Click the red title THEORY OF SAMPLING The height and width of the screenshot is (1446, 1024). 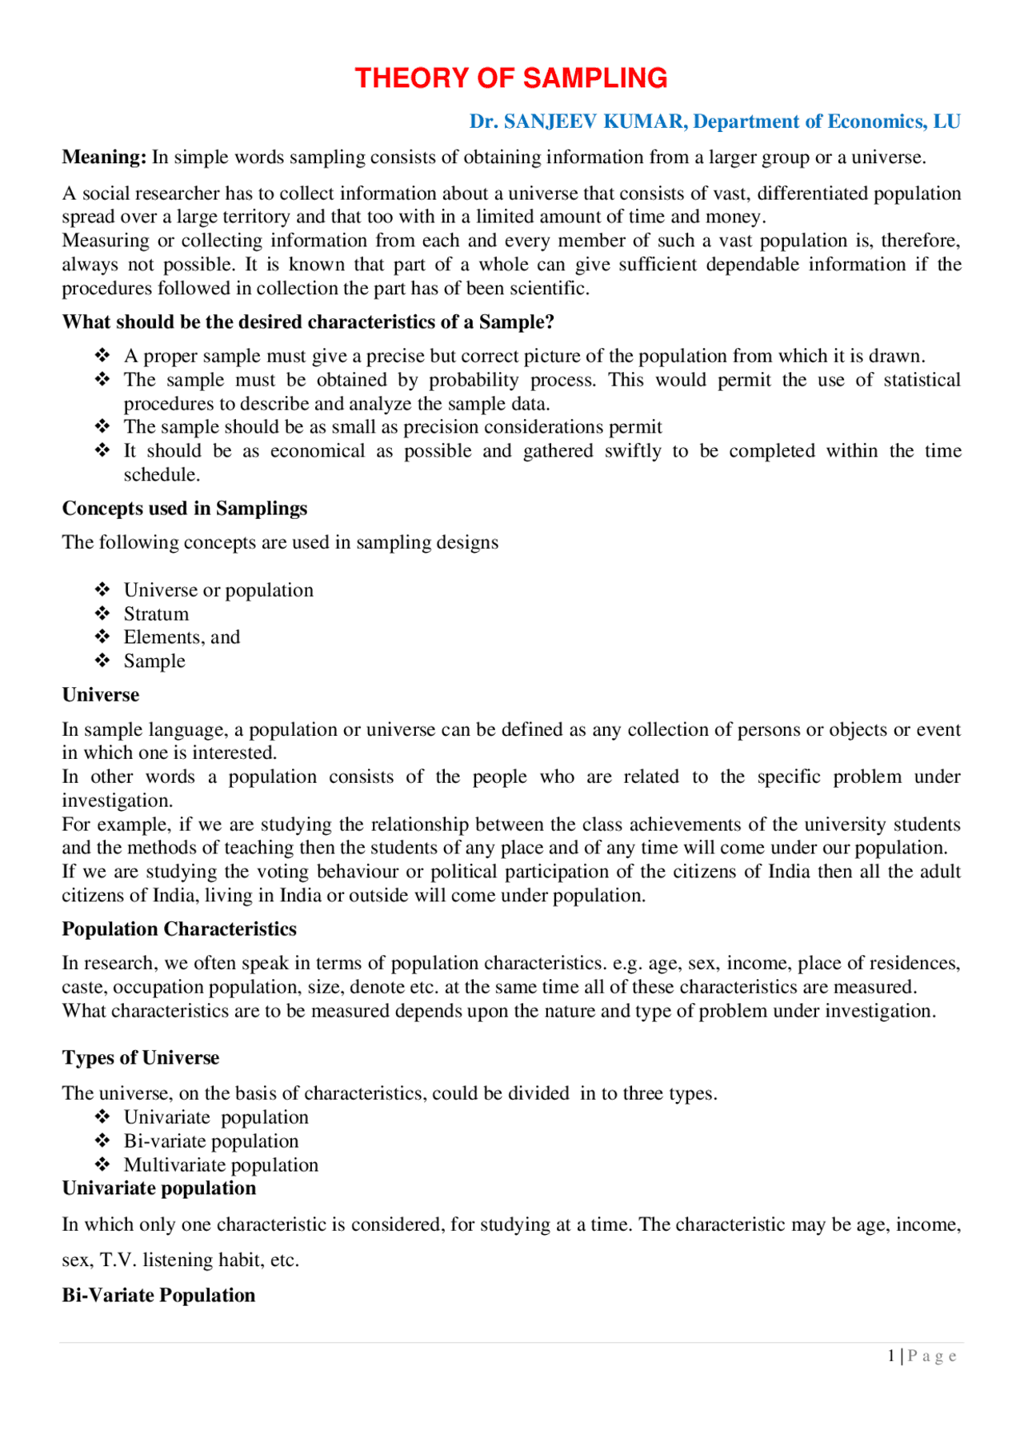pos(510,78)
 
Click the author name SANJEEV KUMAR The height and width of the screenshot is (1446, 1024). pos(594,122)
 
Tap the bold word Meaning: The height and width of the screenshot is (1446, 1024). pos(104,158)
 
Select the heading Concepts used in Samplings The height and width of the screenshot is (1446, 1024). pos(185,509)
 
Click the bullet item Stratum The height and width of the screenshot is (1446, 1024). pos(156,614)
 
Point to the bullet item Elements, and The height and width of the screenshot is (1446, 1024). pos(182,637)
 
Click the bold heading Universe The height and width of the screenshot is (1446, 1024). pos(101,695)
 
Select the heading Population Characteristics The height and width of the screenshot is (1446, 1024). pos(179,929)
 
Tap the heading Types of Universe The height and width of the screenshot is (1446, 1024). pos(141,1058)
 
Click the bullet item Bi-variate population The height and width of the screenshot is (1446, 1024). pos(211,1141)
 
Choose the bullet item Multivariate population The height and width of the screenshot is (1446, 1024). pos(221,1165)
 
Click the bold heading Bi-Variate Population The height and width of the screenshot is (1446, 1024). pos(158,1296)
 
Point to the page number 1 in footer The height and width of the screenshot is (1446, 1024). pos(891,1356)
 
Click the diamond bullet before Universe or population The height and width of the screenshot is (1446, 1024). pos(102,590)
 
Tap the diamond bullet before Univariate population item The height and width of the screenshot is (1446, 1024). pos(102,1117)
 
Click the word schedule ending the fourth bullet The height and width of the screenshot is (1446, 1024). pos(161,475)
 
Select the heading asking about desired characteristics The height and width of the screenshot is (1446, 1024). pos(308,322)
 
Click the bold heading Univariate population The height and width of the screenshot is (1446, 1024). pos(159,1188)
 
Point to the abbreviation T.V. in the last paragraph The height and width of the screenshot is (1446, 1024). pos(118,1260)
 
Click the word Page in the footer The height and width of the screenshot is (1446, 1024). pos(932,1356)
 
